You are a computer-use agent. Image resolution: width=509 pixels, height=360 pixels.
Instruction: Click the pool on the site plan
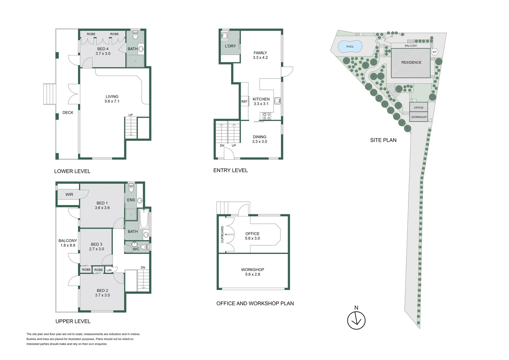point(350,47)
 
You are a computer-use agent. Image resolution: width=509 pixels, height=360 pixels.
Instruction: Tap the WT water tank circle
point(434,52)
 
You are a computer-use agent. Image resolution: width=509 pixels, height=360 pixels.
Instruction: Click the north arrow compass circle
point(356,320)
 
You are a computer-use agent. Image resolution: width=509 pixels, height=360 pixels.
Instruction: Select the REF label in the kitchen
point(244,101)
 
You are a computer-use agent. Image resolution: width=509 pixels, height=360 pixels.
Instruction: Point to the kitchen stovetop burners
point(266,116)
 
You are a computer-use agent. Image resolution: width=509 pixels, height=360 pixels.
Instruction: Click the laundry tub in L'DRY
point(224,36)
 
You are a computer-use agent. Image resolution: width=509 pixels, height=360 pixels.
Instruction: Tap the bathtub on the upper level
point(144,219)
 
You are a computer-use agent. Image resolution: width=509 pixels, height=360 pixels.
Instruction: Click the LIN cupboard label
point(109,270)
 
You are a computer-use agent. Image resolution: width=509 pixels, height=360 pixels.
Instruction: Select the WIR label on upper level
point(69,194)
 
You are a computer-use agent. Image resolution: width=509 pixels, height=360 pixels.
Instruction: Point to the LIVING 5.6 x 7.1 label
point(112,99)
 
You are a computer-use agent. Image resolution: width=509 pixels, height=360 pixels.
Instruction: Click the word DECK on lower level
point(68,113)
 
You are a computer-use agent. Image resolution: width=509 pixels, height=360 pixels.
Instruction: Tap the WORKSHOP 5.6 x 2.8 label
point(253,272)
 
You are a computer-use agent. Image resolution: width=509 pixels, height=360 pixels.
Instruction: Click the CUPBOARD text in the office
point(222,234)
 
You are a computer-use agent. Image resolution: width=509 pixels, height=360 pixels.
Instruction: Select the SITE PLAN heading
point(383,140)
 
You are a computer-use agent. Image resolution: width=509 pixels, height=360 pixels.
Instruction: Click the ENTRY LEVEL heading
point(231,170)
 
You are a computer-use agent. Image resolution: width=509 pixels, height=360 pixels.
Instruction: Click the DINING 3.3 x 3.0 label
point(259,139)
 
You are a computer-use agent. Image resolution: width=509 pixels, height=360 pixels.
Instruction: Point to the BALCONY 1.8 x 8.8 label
point(68,243)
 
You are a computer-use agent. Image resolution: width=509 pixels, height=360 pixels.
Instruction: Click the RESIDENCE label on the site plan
point(411,62)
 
